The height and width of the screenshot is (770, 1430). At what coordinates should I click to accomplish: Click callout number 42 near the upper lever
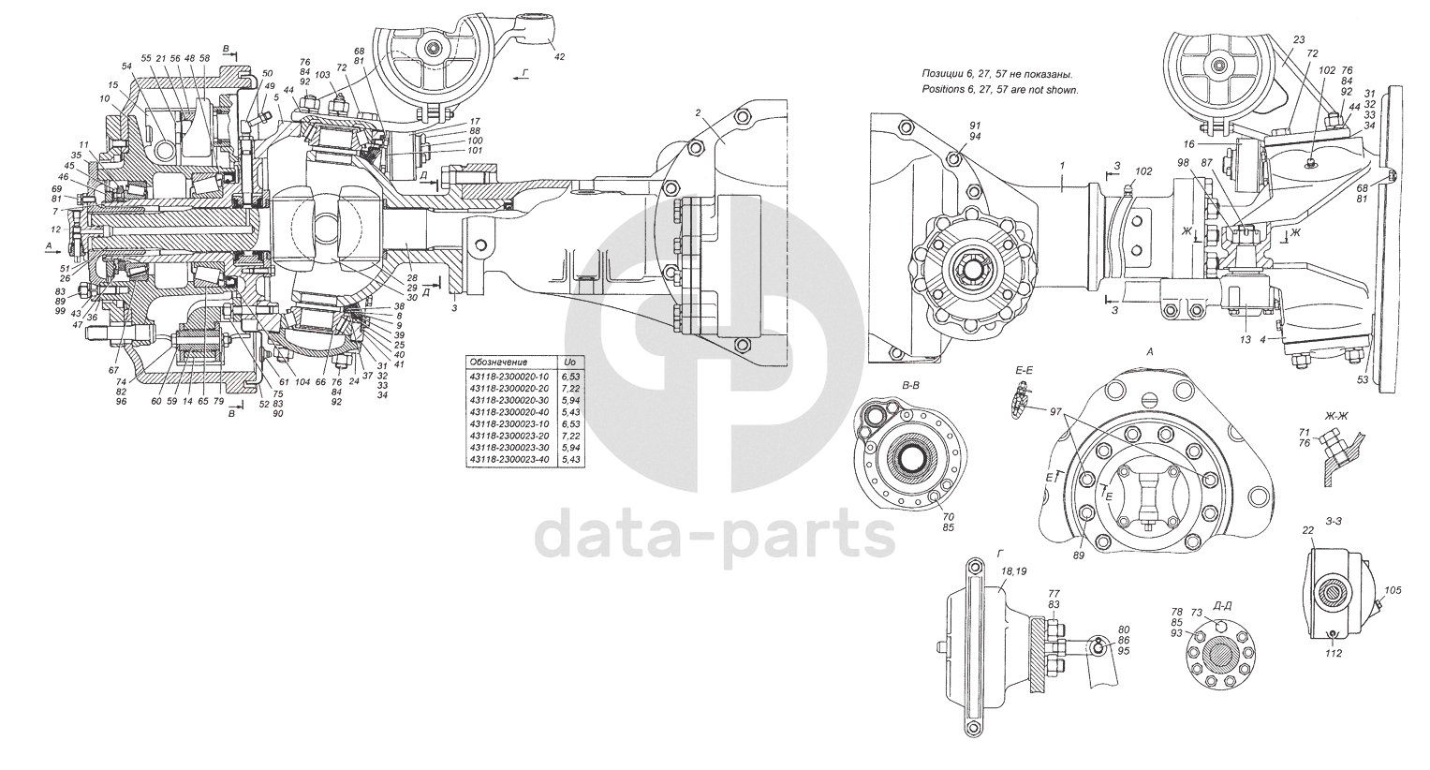[560, 57]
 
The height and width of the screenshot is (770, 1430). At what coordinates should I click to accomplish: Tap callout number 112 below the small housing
[1333, 654]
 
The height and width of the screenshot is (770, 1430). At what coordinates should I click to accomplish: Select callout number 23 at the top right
[1298, 40]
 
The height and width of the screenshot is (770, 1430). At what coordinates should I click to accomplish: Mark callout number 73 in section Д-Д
[1196, 613]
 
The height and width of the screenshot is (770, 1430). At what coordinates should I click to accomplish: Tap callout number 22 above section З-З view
[1308, 531]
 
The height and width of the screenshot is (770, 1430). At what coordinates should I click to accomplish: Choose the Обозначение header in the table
[499, 362]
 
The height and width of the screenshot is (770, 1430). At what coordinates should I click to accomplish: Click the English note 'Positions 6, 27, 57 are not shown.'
[1000, 90]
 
